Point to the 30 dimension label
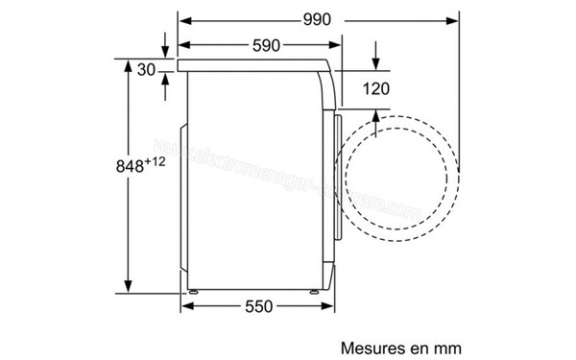[147, 69]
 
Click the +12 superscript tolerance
[157, 160]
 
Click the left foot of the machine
[196, 289]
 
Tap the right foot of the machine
[314, 289]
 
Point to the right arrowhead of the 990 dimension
[453, 19]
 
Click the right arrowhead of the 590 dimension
[338, 45]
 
